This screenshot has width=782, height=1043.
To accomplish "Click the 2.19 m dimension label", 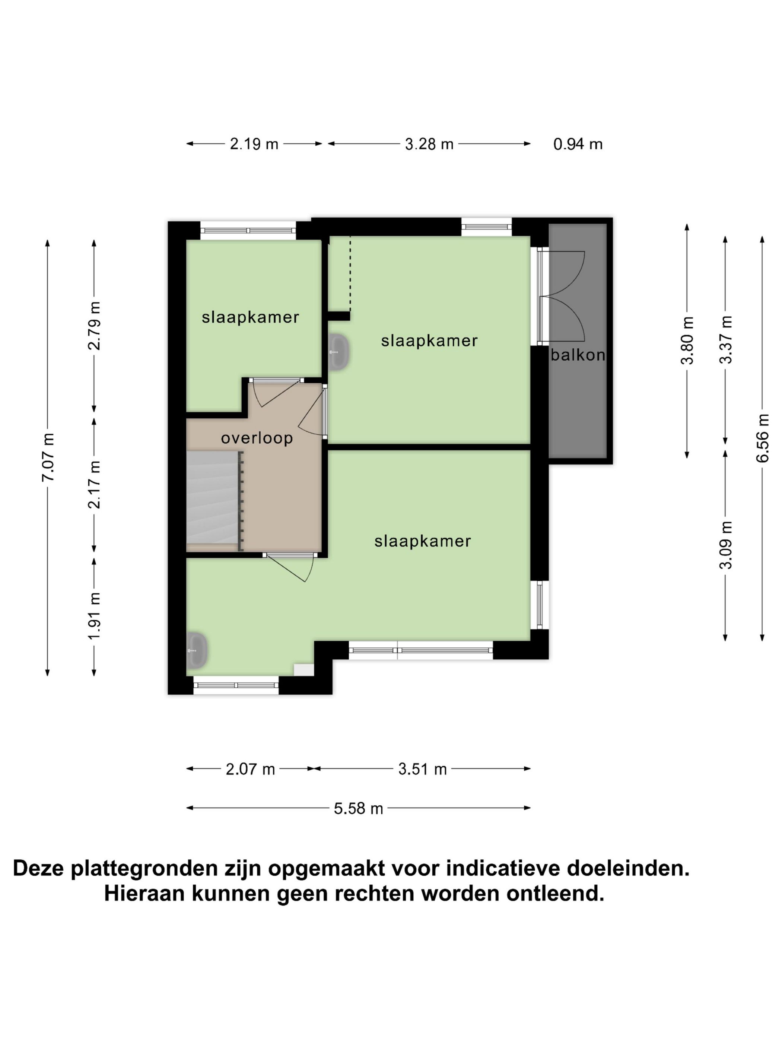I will point(254,144).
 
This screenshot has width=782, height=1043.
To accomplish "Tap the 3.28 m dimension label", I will point(429,144).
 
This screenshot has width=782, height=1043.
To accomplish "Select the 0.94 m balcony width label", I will point(578,144).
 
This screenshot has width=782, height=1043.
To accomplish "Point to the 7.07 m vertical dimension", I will point(48,456).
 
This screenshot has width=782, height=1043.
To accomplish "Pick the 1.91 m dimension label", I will point(94,615).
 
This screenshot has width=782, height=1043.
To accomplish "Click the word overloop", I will point(257,438).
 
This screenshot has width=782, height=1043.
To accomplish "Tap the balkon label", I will point(578,355).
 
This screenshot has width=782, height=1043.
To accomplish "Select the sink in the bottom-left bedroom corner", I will point(197,651).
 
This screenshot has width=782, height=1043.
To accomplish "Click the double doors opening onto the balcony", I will point(563,296).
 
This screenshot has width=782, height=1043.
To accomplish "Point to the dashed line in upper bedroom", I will point(350,273).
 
